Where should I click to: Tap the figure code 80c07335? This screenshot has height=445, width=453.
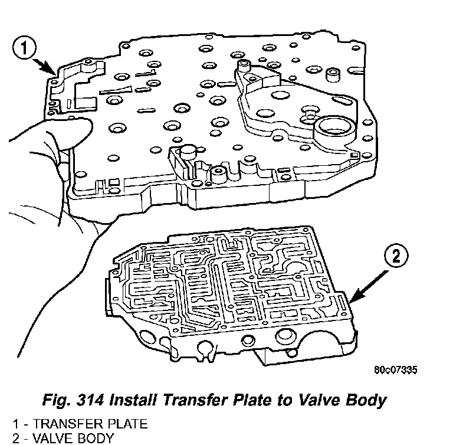point(396,371)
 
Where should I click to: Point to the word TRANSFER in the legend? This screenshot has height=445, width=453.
point(62,424)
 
